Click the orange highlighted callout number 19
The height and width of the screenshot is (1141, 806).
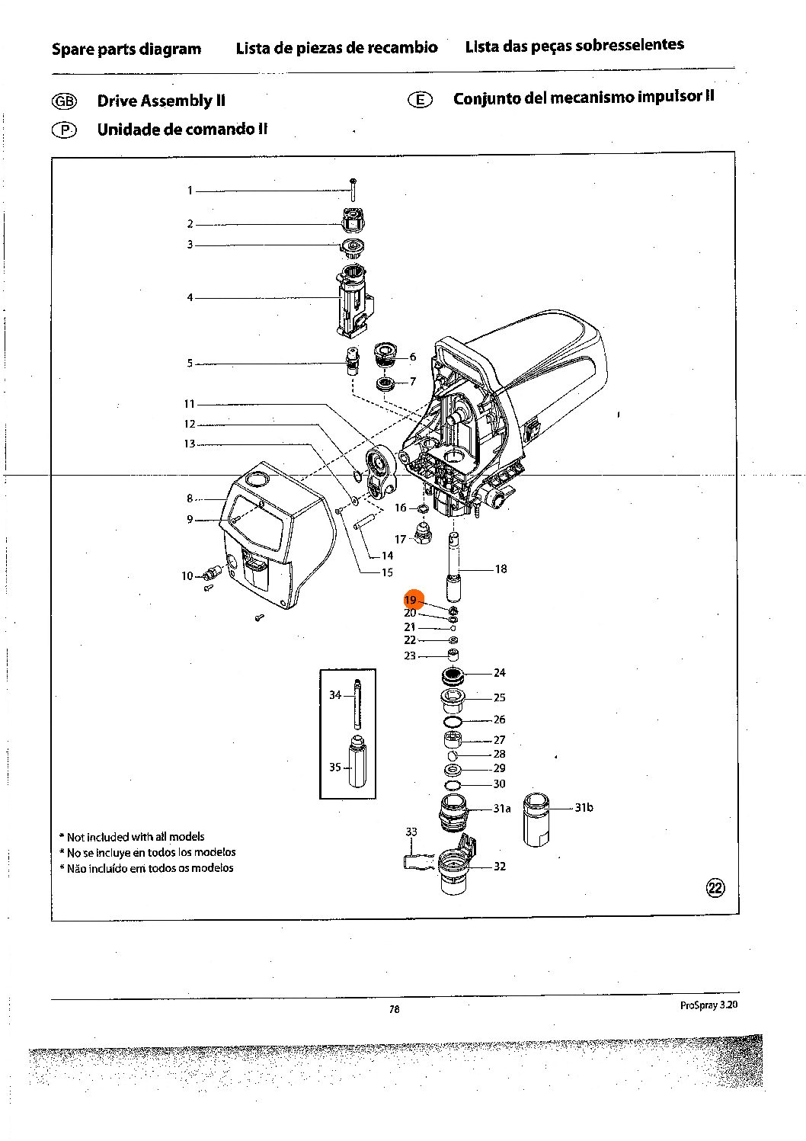click(x=411, y=600)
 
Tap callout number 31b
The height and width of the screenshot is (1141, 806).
click(x=584, y=808)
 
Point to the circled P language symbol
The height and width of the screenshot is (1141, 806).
click(x=64, y=130)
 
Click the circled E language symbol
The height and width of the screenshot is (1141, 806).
click(x=421, y=100)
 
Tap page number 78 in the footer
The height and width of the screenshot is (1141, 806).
click(x=394, y=1009)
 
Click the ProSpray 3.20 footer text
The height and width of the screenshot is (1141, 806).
click(x=708, y=1005)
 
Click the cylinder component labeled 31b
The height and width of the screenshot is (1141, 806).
click(x=537, y=819)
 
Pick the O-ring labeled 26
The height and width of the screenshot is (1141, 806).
click(x=453, y=720)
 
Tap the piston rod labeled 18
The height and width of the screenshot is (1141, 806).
click(x=455, y=569)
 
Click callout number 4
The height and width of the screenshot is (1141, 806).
click(x=190, y=297)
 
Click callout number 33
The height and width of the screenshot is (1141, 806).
click(x=411, y=832)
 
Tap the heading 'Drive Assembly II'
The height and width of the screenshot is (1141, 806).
click(x=161, y=101)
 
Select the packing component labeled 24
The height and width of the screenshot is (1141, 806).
click(x=453, y=675)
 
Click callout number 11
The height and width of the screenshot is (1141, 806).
click(x=190, y=404)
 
